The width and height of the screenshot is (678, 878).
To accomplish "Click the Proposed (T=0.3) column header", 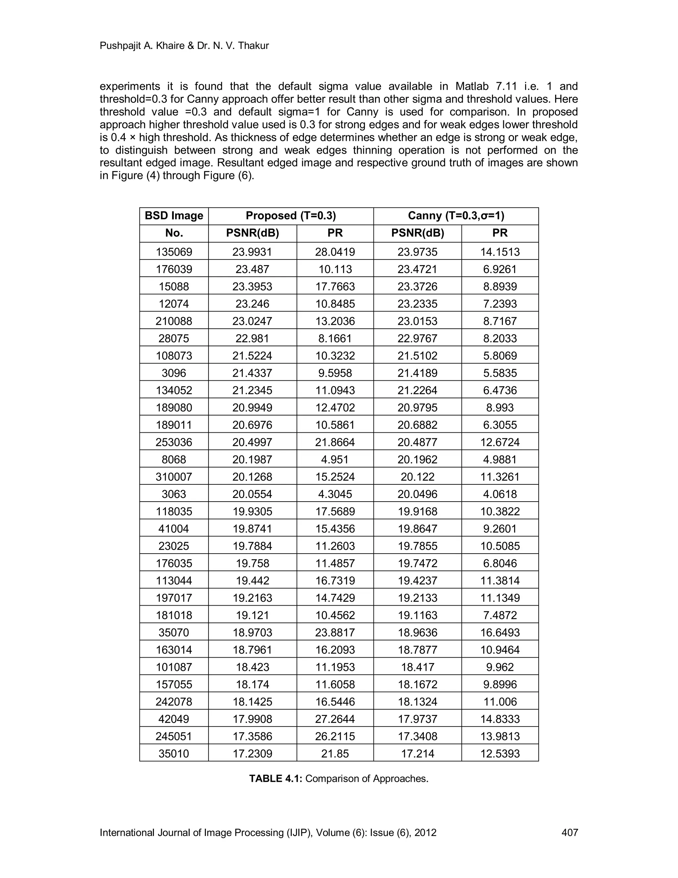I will [291, 216].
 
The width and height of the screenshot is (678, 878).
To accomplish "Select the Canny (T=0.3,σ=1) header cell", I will [456, 216].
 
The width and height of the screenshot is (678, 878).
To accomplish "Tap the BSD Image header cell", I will [174, 216].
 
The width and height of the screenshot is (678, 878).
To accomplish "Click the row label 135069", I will [174, 252].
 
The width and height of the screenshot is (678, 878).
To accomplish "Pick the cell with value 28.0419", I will [335, 252].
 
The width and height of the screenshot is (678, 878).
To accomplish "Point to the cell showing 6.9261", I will [500, 269].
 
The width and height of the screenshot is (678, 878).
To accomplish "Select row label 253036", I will [174, 442].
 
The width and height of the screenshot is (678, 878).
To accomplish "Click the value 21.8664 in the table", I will [335, 442].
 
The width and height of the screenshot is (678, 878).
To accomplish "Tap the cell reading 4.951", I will [335, 460].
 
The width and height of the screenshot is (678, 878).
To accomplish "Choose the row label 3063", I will [174, 494].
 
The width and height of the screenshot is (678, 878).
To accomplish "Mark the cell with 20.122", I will [418, 477].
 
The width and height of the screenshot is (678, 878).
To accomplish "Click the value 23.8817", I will [335, 632].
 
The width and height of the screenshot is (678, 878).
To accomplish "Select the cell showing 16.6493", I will [500, 632].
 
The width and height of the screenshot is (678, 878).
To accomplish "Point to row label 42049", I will [174, 719].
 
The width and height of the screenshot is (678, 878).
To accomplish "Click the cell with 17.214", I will [418, 753].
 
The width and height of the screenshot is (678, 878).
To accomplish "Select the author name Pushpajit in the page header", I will [117, 46].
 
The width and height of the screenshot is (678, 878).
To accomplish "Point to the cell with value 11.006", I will [500, 701].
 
